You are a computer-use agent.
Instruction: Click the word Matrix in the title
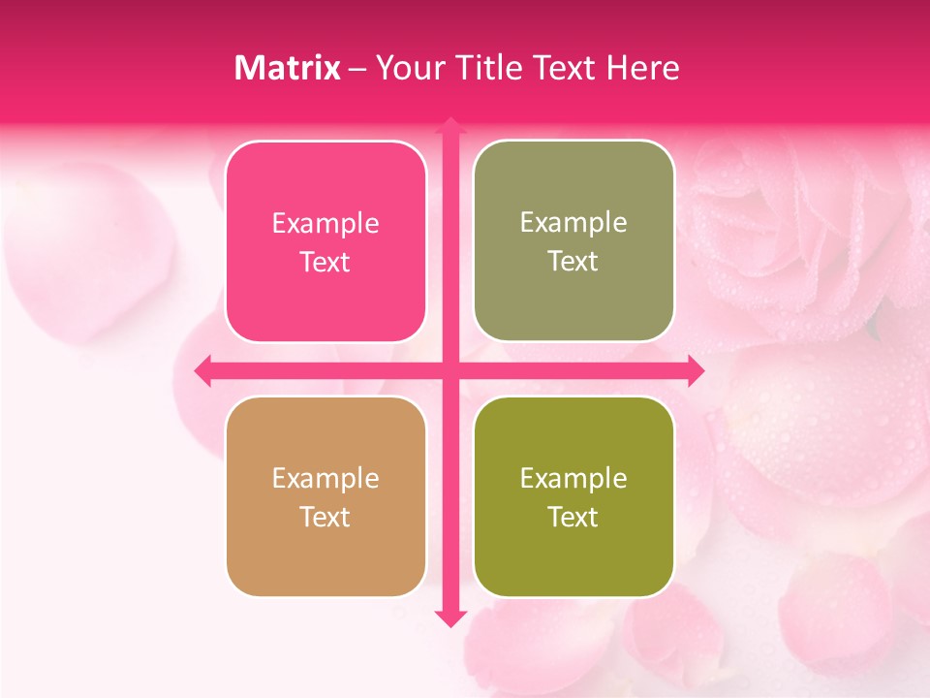click(x=288, y=68)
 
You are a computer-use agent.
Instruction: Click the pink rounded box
click(x=325, y=242)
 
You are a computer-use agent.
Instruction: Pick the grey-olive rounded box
click(x=573, y=241)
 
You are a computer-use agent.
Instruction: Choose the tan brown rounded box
click(x=325, y=497)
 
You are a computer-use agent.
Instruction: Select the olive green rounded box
click(x=573, y=497)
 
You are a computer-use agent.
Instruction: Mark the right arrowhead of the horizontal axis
click(x=696, y=370)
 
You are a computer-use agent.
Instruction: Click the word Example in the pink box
click(x=325, y=224)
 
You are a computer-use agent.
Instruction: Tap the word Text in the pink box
click(x=325, y=263)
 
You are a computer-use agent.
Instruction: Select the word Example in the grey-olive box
click(x=573, y=223)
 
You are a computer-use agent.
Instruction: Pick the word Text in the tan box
click(x=325, y=518)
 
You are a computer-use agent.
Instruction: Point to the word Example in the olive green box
click(x=573, y=479)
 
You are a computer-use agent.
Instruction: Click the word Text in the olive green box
click(x=573, y=518)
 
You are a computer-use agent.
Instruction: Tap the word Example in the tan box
click(x=325, y=479)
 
